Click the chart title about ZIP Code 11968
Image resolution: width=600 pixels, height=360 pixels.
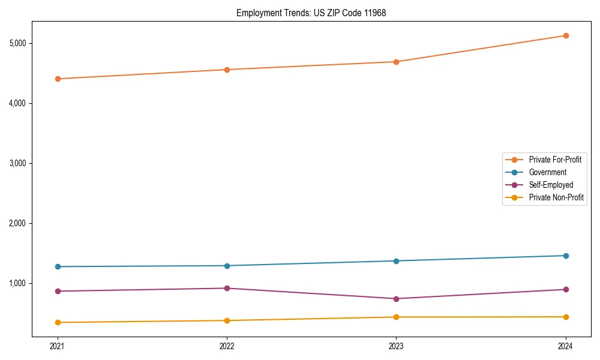[311, 13]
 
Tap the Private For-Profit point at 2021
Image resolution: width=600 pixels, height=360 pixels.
[58, 79]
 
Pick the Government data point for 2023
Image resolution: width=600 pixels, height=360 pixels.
[396, 261]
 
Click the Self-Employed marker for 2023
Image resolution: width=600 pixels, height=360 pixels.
[396, 299]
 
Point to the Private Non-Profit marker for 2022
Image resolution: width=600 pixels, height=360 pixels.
[227, 320]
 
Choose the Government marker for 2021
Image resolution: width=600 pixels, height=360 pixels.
[58, 266]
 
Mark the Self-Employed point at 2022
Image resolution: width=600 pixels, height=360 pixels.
[227, 288]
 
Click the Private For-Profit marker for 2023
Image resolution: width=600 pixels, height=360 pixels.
[396, 62]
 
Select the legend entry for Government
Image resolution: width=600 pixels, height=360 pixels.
[547, 172]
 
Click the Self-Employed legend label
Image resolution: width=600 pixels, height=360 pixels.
[551, 185]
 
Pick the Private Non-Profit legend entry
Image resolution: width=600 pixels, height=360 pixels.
[556, 197]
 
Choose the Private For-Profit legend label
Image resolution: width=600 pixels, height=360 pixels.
[555, 160]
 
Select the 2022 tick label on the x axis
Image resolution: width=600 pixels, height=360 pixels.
[227, 346]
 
